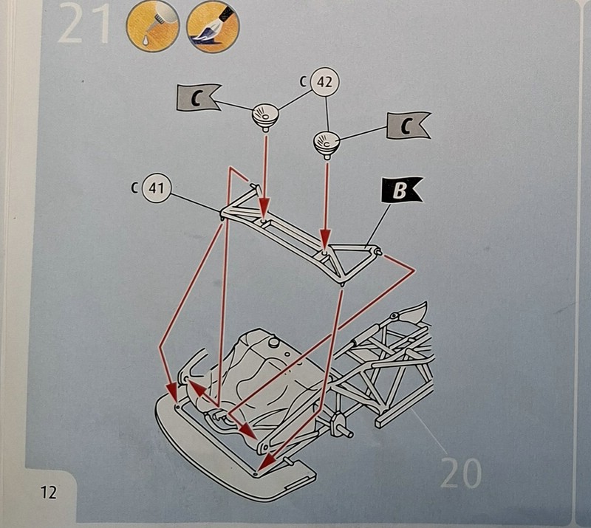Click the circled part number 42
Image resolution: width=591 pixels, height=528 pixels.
324,83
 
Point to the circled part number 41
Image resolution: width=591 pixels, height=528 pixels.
156,188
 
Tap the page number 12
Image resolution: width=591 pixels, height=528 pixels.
49,492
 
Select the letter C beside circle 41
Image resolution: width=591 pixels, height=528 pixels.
134,188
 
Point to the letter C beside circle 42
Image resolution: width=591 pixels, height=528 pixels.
304,83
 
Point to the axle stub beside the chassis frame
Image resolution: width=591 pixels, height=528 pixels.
341,423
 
